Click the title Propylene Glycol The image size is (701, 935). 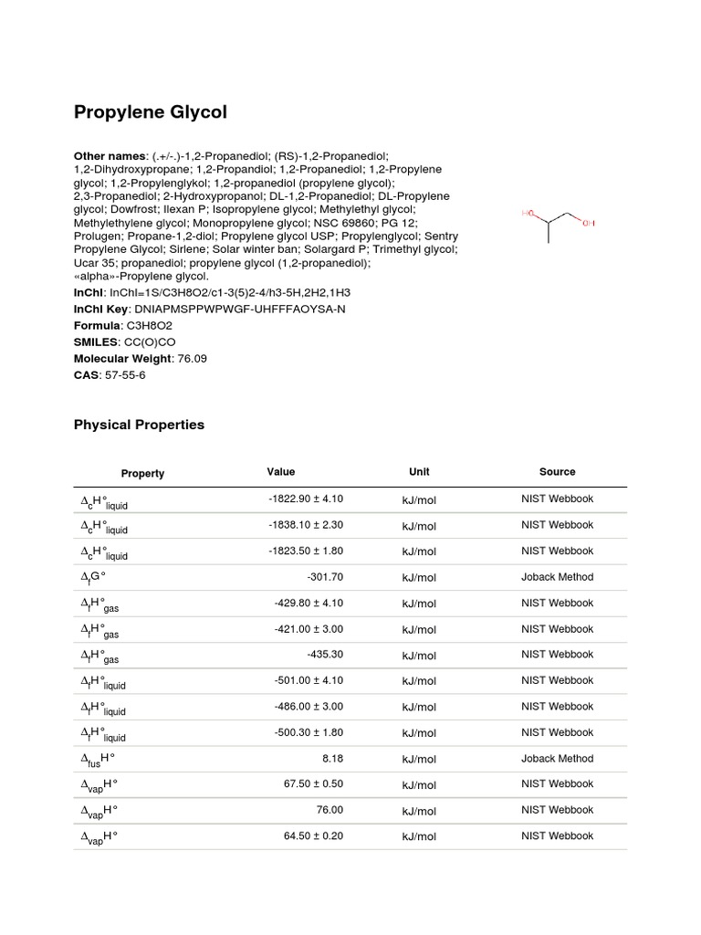click(x=150, y=112)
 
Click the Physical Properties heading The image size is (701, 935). click(x=139, y=425)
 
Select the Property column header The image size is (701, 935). click(x=142, y=473)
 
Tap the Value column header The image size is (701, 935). click(x=281, y=472)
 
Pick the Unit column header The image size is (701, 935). click(x=419, y=472)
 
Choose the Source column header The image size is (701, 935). click(x=557, y=472)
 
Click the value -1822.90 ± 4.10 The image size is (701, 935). click(x=306, y=499)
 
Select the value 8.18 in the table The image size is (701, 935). click(x=331, y=759)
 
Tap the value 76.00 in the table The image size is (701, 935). click(x=329, y=810)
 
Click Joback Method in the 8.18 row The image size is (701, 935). click(x=557, y=759)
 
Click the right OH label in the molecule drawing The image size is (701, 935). click(x=588, y=222)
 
